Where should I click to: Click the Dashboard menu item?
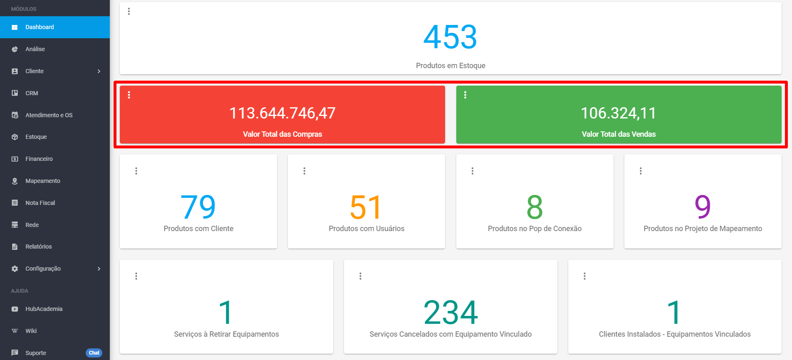(x=40, y=27)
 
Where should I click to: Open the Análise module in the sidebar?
(x=35, y=49)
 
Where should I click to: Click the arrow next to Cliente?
(x=99, y=71)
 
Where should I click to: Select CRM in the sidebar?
(x=32, y=93)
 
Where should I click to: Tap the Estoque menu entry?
(x=36, y=137)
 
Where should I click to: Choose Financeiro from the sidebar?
(x=39, y=159)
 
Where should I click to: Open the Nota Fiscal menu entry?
(x=40, y=203)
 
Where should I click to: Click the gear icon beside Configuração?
(x=15, y=269)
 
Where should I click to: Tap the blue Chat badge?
(x=94, y=353)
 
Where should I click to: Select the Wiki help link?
(x=31, y=331)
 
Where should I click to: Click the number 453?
(x=450, y=37)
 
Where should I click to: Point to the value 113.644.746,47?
(x=282, y=113)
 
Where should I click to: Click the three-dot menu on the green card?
(x=465, y=95)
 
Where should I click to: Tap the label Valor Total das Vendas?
(x=619, y=134)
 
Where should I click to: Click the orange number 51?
(x=366, y=207)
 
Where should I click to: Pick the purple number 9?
(x=703, y=207)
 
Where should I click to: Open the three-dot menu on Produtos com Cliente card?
(x=136, y=171)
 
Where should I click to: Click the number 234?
(x=450, y=313)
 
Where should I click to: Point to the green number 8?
(x=535, y=207)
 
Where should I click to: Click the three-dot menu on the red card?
(x=129, y=95)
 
